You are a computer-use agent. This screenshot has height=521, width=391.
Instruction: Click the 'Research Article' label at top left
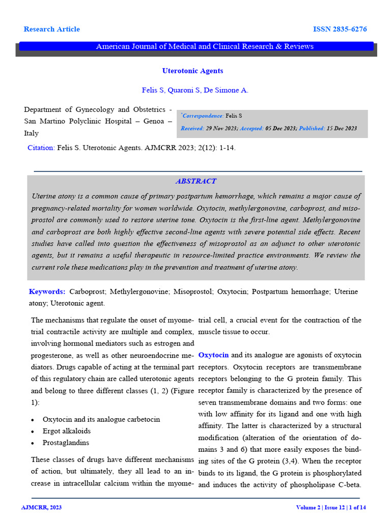51,29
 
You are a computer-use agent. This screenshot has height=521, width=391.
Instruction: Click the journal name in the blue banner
205,46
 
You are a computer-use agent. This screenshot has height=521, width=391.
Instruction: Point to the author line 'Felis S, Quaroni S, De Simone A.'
195,90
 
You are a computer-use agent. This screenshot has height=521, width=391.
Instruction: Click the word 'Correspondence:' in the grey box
203,116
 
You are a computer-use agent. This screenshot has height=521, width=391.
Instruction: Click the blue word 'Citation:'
41,148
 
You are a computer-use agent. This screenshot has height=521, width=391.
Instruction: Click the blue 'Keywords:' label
47,292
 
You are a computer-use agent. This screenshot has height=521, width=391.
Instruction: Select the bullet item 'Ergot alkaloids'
67,431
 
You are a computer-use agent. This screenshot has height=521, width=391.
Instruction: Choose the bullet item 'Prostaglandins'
66,443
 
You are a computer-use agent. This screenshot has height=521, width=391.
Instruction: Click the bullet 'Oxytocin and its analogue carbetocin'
101,419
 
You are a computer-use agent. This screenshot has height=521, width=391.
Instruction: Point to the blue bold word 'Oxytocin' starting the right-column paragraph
213,355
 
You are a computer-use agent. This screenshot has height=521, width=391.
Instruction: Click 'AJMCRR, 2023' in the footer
41,507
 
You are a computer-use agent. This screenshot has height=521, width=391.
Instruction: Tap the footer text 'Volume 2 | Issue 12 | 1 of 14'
331,507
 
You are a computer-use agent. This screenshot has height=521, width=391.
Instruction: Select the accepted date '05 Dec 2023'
281,128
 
